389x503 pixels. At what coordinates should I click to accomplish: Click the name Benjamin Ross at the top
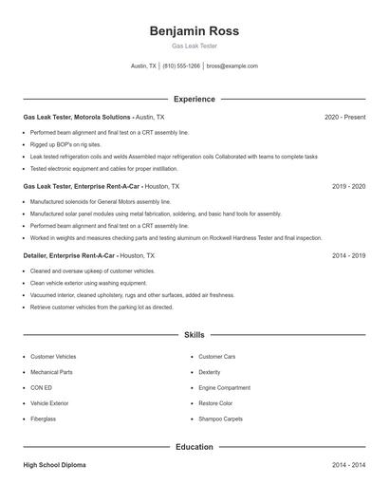pyautogui.click(x=194, y=30)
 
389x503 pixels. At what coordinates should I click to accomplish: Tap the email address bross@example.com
pyautogui.click(x=232, y=66)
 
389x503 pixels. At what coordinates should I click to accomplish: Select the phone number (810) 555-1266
pyautogui.click(x=181, y=66)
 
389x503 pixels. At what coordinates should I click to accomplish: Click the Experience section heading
pyautogui.click(x=194, y=99)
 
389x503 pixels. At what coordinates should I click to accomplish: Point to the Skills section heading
pyautogui.click(x=194, y=335)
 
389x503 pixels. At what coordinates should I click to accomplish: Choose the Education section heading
pyautogui.click(x=194, y=446)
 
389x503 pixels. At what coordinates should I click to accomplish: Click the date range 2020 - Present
pyautogui.click(x=344, y=117)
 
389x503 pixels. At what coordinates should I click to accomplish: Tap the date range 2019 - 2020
pyautogui.click(x=348, y=187)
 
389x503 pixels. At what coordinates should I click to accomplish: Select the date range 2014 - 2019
pyautogui.click(x=348, y=255)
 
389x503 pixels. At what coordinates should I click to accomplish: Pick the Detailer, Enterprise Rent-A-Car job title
pyautogui.click(x=69, y=255)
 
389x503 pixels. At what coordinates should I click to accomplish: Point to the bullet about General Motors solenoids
pyautogui.click(x=101, y=202)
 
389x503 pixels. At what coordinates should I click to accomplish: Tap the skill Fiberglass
pyautogui.click(x=44, y=419)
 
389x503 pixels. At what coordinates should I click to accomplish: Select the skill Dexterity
pyautogui.click(x=209, y=372)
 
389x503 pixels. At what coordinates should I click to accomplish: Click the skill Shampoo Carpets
pyautogui.click(x=220, y=419)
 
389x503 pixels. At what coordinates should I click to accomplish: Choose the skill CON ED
pyautogui.click(x=41, y=387)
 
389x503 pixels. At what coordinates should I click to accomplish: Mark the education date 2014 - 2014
pyautogui.click(x=348, y=465)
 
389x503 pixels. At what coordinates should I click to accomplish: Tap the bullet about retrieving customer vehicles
pyautogui.click(x=102, y=307)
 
